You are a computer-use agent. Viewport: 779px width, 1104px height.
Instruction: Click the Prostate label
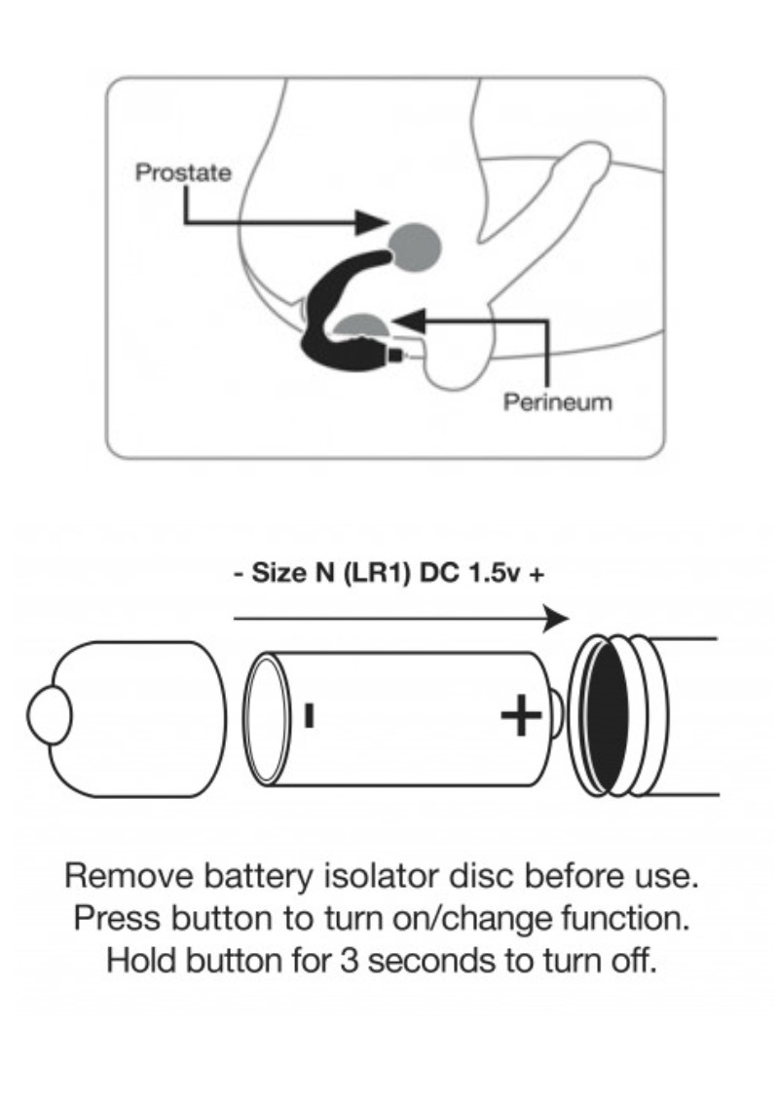pos(183,173)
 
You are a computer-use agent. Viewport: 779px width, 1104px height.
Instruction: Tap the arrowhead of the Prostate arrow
pos(370,221)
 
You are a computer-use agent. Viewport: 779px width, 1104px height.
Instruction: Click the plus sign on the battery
pos(520,718)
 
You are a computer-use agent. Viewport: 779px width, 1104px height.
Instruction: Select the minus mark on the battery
pos(309,716)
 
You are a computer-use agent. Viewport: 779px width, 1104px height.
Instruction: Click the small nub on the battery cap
pos(46,717)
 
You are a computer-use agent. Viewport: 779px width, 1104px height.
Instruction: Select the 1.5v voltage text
pos(491,574)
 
